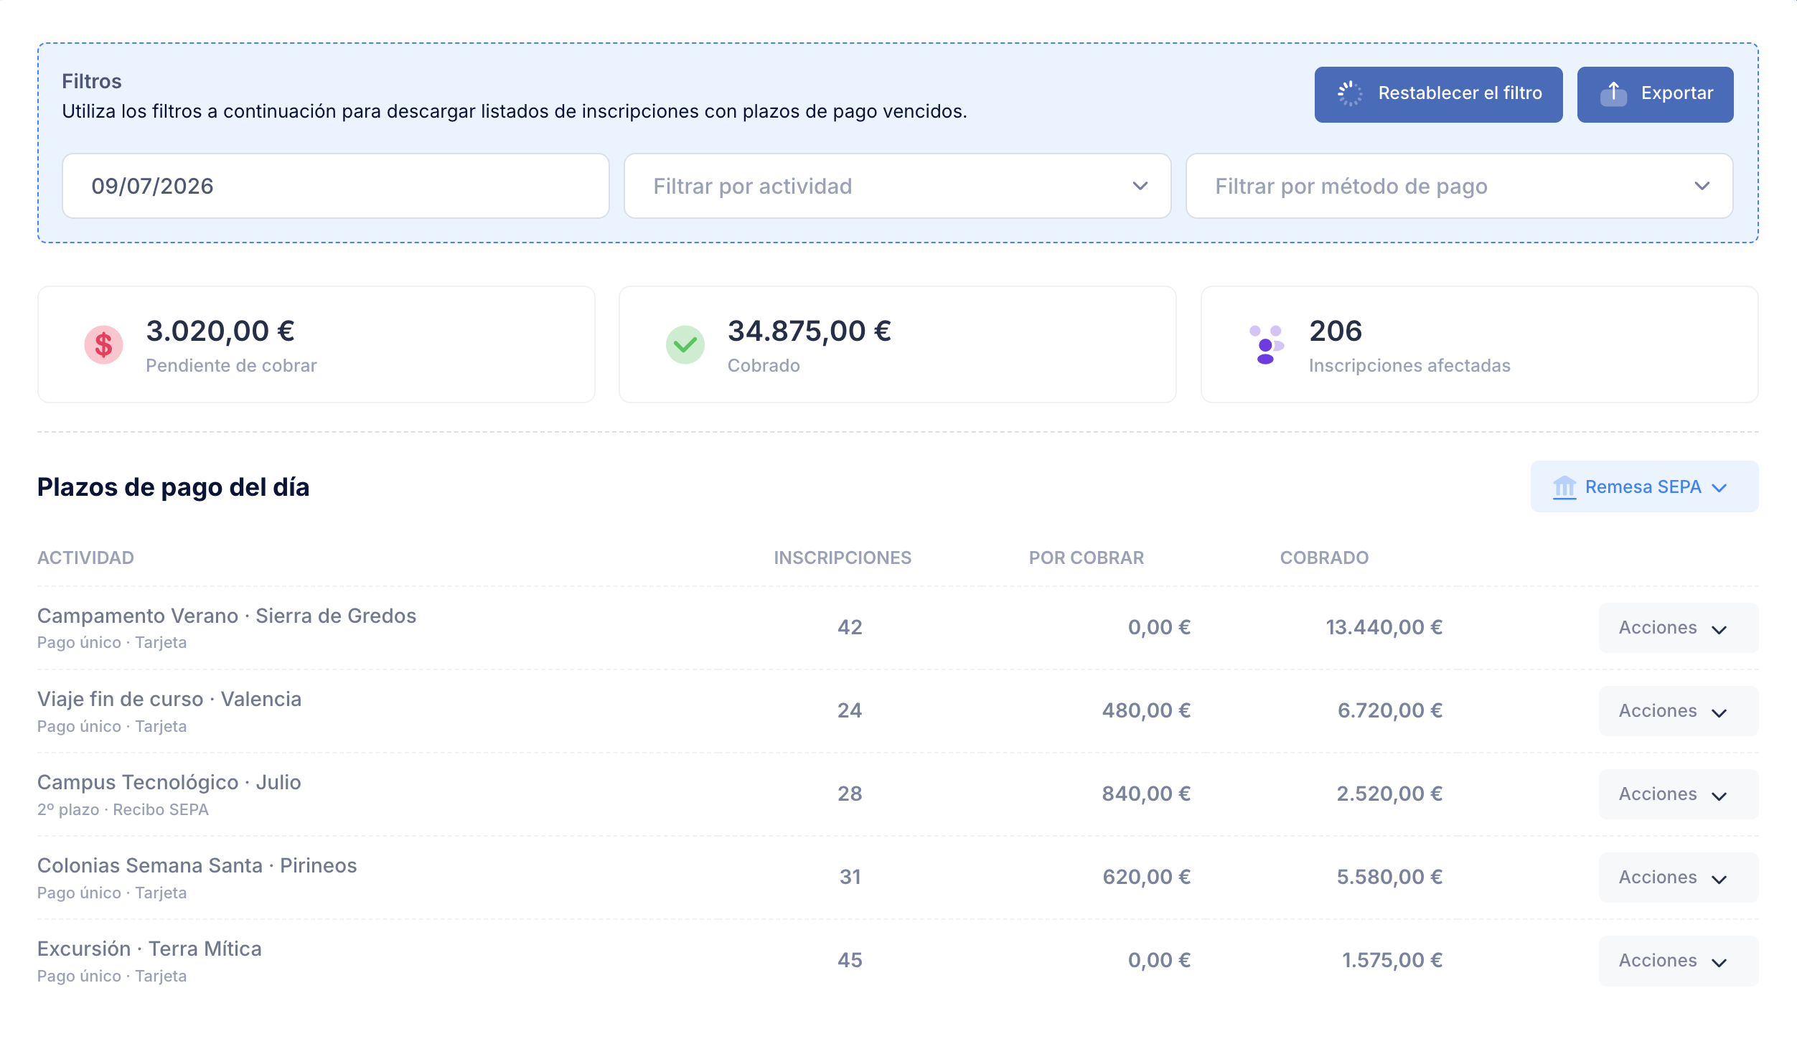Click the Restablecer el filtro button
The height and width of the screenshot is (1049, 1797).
(x=1438, y=94)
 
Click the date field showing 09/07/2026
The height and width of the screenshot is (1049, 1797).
(x=335, y=186)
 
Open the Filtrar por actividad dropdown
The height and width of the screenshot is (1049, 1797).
(x=897, y=186)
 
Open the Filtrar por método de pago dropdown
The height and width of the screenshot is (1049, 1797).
(x=1459, y=186)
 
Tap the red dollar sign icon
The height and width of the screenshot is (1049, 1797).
(x=103, y=345)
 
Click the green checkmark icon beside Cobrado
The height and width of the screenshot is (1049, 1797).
(x=685, y=345)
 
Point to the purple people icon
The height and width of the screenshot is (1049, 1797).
(x=1266, y=345)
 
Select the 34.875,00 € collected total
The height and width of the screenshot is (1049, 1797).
(x=809, y=331)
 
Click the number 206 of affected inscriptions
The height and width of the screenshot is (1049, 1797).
(x=1335, y=331)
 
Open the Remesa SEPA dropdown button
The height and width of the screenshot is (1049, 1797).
(x=1644, y=486)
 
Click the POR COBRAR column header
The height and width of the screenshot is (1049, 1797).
(x=1086, y=558)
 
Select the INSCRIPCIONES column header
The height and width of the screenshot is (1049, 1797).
(x=843, y=558)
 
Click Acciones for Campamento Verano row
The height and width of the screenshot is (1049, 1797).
(x=1678, y=628)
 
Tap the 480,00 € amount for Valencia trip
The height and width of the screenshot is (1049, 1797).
(x=1146, y=710)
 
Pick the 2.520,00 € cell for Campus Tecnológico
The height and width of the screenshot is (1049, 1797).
(x=1389, y=794)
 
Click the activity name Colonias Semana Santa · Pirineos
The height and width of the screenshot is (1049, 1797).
(x=197, y=865)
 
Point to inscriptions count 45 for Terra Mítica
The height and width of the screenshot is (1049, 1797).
(x=850, y=960)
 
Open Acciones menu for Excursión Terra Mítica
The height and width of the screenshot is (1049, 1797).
(x=1678, y=961)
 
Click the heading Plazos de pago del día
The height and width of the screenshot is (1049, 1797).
(x=173, y=487)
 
